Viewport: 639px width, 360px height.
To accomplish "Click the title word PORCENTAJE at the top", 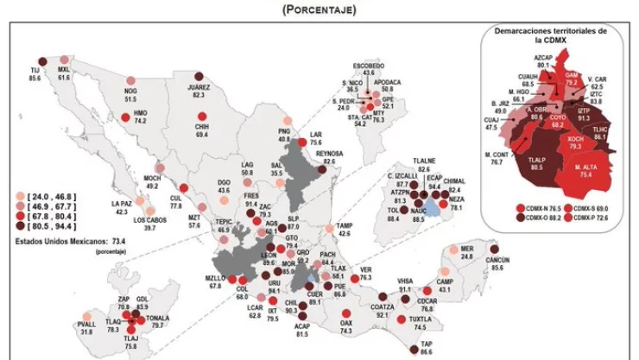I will click(x=319, y=10).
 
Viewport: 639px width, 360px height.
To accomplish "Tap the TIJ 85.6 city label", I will click(x=35, y=73).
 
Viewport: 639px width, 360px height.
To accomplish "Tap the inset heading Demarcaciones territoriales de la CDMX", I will click(x=549, y=35).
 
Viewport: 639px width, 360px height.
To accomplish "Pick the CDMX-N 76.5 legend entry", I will click(x=537, y=208).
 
